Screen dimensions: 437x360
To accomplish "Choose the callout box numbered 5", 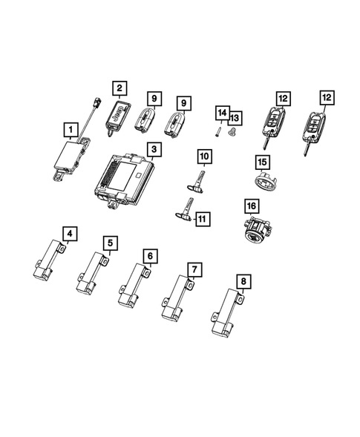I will tap(110, 242).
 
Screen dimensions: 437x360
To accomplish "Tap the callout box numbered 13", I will tap(235, 117).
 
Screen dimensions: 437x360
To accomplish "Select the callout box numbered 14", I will tap(221, 112).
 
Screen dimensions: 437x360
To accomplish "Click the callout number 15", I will tap(261, 161).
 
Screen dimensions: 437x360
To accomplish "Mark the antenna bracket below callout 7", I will tap(176, 300).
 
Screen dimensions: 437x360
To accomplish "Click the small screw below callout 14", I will tap(217, 131).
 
